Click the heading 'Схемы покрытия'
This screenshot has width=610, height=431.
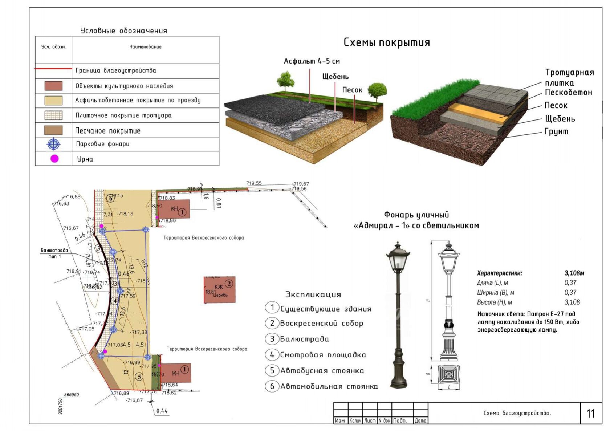(x=386, y=42)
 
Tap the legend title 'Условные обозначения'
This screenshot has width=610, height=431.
(x=123, y=31)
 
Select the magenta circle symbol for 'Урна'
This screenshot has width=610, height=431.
(x=54, y=159)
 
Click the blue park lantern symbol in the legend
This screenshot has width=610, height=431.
(x=54, y=144)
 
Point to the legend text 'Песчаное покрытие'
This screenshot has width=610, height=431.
(x=107, y=131)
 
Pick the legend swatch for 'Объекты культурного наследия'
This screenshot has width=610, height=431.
(x=53, y=86)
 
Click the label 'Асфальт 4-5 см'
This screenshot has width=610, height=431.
(x=312, y=61)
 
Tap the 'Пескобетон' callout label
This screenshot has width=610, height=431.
(x=568, y=93)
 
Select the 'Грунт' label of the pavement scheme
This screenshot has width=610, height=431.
(x=556, y=131)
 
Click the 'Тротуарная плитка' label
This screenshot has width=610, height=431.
(x=569, y=77)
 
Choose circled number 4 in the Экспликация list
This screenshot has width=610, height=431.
(x=272, y=354)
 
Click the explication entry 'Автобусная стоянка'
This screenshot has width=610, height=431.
(x=322, y=371)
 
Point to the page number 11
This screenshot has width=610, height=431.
(x=590, y=413)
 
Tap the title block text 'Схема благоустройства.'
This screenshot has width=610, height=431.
(x=517, y=413)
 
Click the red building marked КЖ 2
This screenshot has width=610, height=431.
(x=220, y=289)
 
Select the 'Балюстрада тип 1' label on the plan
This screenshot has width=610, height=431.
(x=54, y=253)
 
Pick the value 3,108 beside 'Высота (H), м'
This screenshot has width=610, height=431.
(x=572, y=302)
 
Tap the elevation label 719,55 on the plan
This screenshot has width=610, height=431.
(x=254, y=183)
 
